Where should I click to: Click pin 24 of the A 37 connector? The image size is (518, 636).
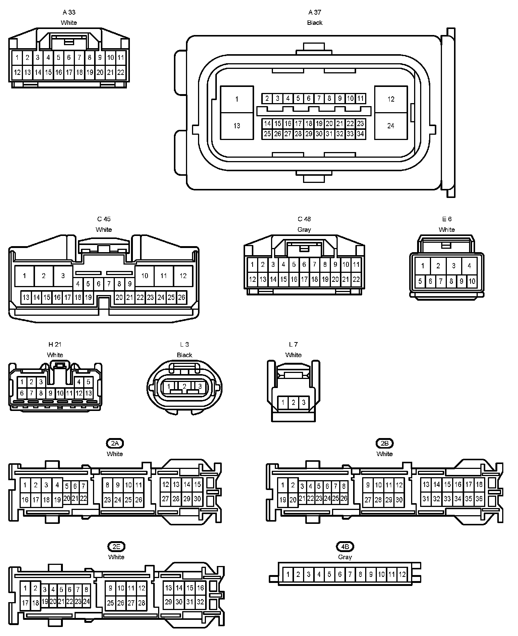[391, 126]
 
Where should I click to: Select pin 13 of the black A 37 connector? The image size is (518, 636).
[236, 126]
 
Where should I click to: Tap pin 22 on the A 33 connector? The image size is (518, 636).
[120, 72]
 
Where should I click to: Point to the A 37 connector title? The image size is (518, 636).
[315, 12]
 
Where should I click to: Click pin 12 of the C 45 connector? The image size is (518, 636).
[183, 276]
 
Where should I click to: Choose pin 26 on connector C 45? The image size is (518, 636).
[181, 297]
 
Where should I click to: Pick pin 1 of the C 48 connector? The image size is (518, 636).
[252, 265]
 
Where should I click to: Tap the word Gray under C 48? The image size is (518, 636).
[304, 230]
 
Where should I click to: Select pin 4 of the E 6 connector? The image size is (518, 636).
[469, 266]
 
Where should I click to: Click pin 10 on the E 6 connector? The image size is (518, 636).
[472, 281]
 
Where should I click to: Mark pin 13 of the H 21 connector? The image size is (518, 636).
[88, 393]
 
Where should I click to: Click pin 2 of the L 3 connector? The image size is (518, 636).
[184, 386]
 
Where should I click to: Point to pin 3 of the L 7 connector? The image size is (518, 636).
[304, 403]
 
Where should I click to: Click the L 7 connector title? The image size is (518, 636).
[293, 344]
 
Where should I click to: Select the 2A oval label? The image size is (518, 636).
[115, 443]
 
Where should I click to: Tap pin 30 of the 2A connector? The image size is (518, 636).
[197, 499]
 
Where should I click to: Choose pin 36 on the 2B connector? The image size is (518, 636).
[479, 499]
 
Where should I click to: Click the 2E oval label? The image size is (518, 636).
[116, 546]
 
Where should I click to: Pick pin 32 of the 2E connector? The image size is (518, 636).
[200, 602]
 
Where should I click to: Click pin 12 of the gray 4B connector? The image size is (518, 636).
[402, 574]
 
